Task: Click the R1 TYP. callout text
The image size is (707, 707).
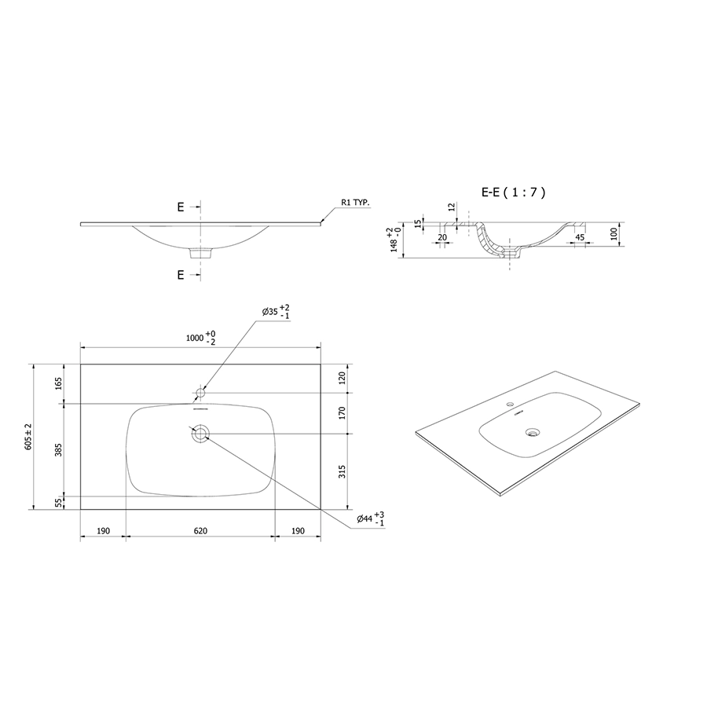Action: [355, 203]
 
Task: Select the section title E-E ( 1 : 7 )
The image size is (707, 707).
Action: [514, 192]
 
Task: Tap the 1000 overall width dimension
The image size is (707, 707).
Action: [201, 338]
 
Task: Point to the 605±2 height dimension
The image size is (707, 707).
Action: [28, 437]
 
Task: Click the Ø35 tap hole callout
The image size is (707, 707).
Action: [276, 312]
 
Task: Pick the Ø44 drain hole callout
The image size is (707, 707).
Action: [370, 518]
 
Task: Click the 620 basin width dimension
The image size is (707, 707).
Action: [200, 531]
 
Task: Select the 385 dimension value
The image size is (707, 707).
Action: [59, 449]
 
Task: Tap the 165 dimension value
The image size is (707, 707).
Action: [59, 383]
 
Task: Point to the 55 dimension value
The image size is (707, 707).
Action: [59, 503]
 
